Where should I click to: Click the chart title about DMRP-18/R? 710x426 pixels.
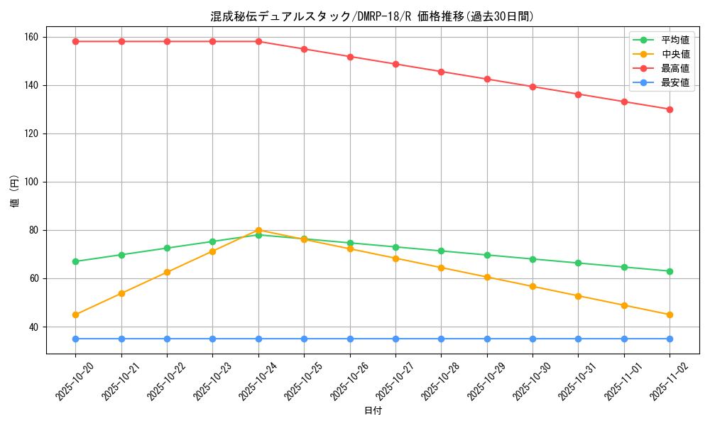372,16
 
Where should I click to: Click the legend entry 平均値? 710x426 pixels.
674,40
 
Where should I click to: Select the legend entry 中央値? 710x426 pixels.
674,54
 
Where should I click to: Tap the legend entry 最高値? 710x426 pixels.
674,68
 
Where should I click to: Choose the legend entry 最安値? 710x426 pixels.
674,82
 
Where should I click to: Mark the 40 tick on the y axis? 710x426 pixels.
35,327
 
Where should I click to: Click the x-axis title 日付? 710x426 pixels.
373,411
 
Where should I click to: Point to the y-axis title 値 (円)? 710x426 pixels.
14,192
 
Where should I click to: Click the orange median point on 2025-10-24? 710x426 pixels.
258,230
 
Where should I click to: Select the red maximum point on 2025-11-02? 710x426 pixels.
670,109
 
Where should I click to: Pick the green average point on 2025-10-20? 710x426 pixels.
75,261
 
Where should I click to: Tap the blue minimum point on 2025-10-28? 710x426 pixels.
441,339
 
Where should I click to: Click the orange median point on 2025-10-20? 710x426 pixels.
75,315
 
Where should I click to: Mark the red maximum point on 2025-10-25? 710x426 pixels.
304,49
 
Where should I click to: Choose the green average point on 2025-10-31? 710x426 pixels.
578,263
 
